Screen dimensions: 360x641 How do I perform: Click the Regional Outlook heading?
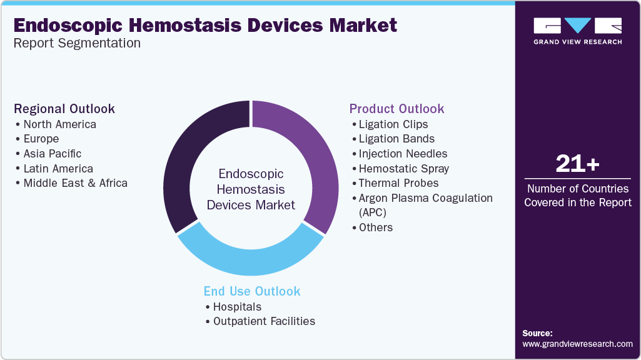tap(64, 109)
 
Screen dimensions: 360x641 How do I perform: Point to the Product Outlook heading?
tap(396, 109)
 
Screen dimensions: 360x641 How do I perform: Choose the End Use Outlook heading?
tap(252, 291)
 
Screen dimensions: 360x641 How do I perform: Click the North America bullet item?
tap(59, 124)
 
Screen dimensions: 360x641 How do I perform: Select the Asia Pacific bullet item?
tap(52, 154)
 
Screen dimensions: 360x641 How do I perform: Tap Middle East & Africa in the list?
tap(75, 183)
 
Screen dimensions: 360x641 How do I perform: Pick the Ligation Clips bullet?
tap(393, 124)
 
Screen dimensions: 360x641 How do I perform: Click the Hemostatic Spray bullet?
tap(403, 168)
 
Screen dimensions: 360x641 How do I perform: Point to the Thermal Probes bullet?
tap(398, 183)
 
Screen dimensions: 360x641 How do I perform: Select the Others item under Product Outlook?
tap(375, 227)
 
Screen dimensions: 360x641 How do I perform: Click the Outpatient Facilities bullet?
tap(264, 321)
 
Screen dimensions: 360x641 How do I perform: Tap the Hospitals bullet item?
tap(237, 307)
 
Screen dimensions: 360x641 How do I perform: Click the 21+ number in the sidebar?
tap(577, 164)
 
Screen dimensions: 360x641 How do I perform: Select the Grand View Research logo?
tap(577, 31)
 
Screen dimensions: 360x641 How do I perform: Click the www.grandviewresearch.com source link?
tap(577, 344)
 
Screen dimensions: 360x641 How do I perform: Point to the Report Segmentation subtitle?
tap(77, 43)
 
